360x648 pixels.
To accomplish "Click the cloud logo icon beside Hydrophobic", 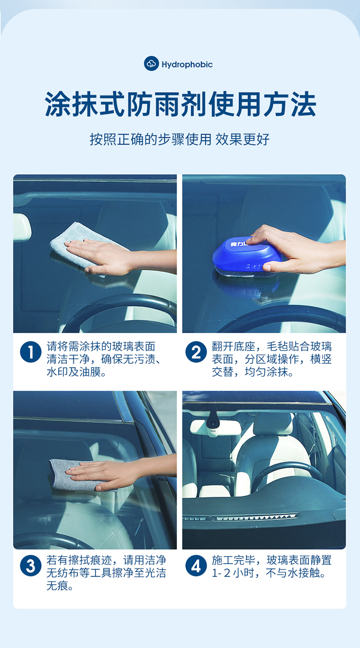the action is tap(151, 63).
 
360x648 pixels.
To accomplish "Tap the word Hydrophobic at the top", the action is tap(187, 64).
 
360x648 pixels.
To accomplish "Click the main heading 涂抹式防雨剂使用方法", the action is tap(180, 104).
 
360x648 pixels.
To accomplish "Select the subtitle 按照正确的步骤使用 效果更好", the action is tap(180, 139).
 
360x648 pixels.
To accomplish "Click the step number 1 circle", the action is tap(31, 352).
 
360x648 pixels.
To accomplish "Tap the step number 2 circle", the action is tap(196, 352).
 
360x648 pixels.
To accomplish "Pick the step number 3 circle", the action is tap(31, 565).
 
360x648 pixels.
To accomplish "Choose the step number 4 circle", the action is tap(196, 565).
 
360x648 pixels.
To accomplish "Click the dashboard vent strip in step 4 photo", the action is tap(240, 517).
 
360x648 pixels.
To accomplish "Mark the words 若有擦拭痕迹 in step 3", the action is tap(79, 560).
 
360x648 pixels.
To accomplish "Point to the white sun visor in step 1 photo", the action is tap(22, 227).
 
